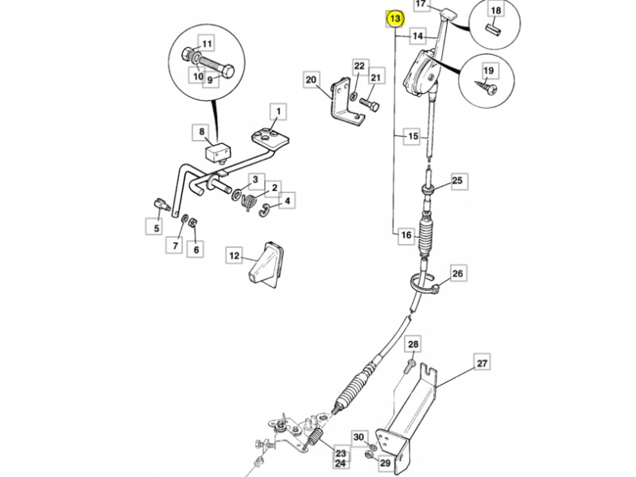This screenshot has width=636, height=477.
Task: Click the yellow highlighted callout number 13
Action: pyautogui.click(x=394, y=18)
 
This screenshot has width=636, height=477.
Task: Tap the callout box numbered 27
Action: pyautogui.click(x=482, y=363)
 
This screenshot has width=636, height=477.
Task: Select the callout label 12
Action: pyautogui.click(x=235, y=255)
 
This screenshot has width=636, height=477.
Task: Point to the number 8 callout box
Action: pyautogui.click(x=202, y=132)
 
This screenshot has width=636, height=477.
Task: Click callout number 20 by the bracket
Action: pyautogui.click(x=311, y=79)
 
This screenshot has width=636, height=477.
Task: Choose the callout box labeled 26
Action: pyautogui.click(x=457, y=273)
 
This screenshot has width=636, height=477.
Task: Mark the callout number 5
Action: pyautogui.click(x=157, y=227)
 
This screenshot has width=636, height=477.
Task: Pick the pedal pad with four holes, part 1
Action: pyautogui.click(x=270, y=137)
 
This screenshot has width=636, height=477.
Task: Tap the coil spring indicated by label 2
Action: pyautogui.click(x=250, y=202)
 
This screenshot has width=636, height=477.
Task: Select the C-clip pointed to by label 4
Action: pyautogui.click(x=264, y=210)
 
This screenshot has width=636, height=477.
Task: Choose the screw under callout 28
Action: pyautogui.click(x=409, y=366)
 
